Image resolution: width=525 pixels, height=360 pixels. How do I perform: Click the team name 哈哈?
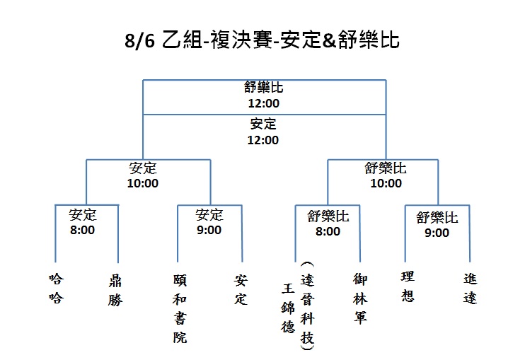tap(56, 288)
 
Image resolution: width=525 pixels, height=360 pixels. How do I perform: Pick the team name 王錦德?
tap(288, 308)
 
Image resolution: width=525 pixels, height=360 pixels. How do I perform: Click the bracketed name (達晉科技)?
tap(307, 306)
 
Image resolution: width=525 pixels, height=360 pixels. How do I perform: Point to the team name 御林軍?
tap(360, 298)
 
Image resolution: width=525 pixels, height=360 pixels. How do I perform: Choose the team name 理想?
tap(408, 286)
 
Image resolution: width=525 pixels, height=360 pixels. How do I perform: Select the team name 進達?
tap(470, 288)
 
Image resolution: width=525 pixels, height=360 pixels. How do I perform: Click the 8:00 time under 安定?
tap(82, 230)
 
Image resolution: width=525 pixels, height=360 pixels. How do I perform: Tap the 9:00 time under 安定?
tap(209, 230)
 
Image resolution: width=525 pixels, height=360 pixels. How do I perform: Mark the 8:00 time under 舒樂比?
tap(328, 231)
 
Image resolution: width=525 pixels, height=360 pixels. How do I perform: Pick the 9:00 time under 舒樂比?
tap(437, 233)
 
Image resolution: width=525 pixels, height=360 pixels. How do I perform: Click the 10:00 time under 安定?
tap(143, 183)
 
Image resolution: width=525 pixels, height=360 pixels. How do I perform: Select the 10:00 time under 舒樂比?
tap(386, 183)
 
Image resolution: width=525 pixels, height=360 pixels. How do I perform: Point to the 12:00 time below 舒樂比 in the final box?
tap(263, 103)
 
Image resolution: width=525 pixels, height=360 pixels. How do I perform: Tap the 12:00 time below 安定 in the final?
tap(262, 140)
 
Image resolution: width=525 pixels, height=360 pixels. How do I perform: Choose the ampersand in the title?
tap(330, 40)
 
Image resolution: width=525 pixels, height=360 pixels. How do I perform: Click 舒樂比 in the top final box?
tap(263, 87)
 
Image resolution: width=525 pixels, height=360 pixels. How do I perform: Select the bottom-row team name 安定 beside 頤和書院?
tap(241, 290)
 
